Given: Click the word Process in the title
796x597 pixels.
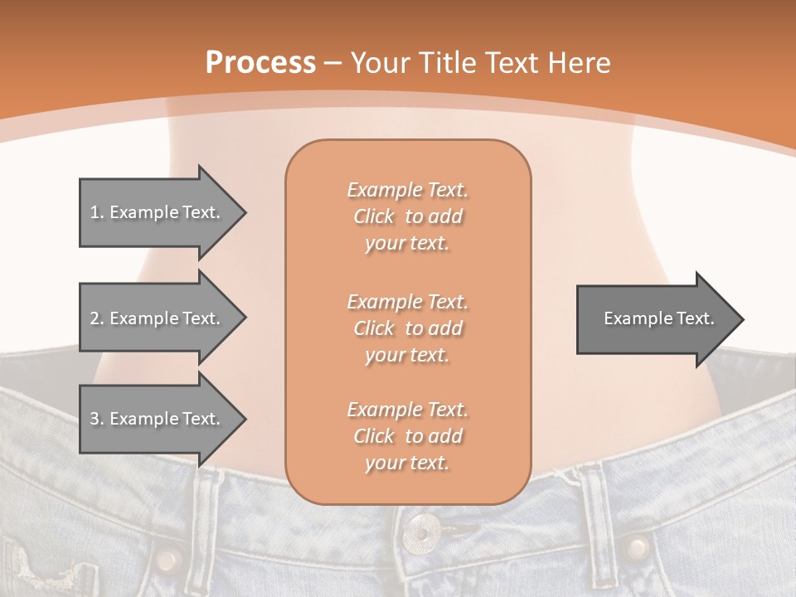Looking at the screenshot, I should (x=260, y=62).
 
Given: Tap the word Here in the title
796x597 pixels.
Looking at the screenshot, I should (x=579, y=62).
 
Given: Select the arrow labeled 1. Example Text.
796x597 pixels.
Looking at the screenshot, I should (x=162, y=212).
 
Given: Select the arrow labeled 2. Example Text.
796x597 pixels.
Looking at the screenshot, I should (x=162, y=318).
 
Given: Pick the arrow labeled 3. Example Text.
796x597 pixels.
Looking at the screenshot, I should (x=162, y=419).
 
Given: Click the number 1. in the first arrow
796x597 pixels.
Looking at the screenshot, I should (x=96, y=212).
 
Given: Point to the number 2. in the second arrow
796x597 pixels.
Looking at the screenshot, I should (x=96, y=318).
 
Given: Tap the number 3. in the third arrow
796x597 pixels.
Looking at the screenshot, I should (x=96, y=419).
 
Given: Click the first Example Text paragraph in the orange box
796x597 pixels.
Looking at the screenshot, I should (x=407, y=216).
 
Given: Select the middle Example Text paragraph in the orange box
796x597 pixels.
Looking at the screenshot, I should (x=407, y=328).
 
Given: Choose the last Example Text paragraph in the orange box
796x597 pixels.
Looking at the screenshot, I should (x=407, y=436).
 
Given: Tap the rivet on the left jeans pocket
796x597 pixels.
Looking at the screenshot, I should (x=168, y=556).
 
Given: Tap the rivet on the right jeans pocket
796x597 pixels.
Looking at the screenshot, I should (x=637, y=547).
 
